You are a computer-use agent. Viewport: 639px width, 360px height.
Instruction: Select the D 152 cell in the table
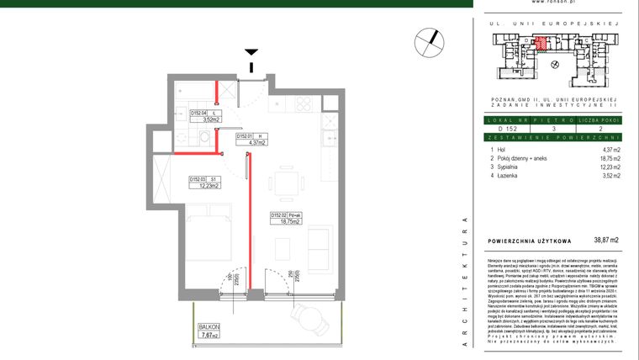coord(507,129)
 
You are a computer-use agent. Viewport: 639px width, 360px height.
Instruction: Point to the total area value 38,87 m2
coord(605,241)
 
